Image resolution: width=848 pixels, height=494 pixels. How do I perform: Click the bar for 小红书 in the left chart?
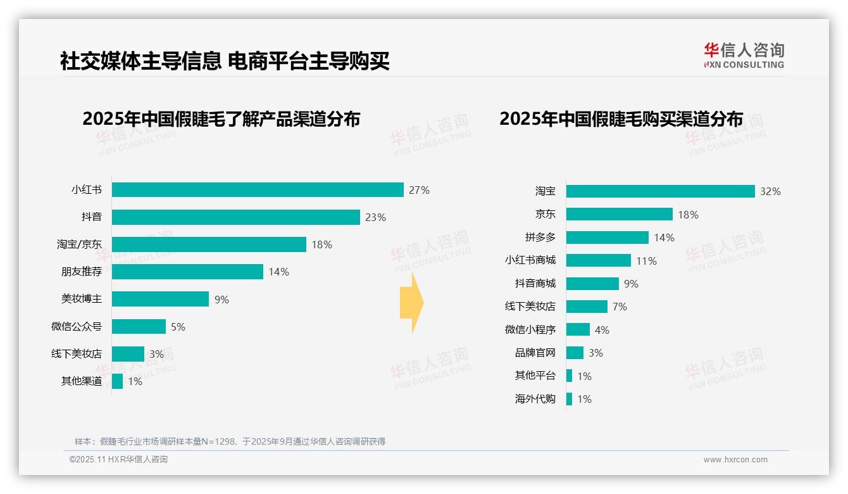[258, 190]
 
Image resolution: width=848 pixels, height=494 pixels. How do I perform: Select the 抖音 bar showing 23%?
[236, 217]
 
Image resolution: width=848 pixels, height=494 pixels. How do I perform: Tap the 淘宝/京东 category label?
[79, 244]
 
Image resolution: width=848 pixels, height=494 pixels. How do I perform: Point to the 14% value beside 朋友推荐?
[278, 272]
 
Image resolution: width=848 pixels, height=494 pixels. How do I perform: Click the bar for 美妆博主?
[160, 299]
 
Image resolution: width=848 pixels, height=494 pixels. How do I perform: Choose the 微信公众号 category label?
[77, 327]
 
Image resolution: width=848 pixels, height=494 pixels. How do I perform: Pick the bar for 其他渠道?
[117, 381]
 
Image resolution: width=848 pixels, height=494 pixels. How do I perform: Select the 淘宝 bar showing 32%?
[660, 191]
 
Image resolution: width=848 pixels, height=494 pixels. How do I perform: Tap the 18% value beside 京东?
[688, 215]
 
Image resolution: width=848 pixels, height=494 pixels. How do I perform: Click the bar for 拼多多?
[607, 237]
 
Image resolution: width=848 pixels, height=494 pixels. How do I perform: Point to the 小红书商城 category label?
[530, 260]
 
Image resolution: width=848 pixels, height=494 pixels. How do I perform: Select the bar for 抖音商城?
[592, 284]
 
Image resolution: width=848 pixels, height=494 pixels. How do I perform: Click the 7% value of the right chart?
[620, 307]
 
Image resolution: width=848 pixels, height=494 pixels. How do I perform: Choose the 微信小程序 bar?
[578, 330]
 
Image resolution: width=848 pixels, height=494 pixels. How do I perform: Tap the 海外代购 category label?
[535, 399]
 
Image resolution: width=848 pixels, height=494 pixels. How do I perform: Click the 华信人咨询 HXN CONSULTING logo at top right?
[744, 56]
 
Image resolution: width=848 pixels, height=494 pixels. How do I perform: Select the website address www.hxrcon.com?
[735, 460]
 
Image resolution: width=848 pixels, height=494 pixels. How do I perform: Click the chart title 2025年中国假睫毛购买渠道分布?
[621, 119]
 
